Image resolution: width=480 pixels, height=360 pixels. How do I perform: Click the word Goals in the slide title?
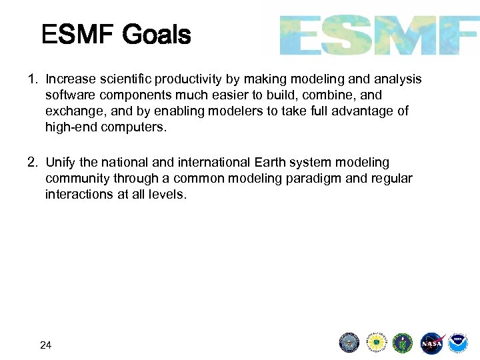(x=157, y=35)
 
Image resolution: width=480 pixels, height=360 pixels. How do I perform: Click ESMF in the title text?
(x=79, y=35)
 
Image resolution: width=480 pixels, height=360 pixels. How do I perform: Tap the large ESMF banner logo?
(x=379, y=35)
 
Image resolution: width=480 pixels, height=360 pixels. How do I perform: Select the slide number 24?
(x=46, y=345)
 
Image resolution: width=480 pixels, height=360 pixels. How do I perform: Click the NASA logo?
(x=431, y=343)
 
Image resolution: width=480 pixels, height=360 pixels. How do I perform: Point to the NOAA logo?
(x=458, y=343)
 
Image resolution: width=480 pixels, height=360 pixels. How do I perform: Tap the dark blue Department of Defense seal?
(x=349, y=343)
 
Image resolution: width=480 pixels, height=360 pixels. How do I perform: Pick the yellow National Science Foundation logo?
(x=376, y=343)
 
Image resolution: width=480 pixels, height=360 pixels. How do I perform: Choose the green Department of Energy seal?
(x=403, y=343)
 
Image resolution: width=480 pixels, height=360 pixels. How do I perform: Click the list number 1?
(x=32, y=79)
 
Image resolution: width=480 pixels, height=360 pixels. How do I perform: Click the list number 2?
(x=32, y=162)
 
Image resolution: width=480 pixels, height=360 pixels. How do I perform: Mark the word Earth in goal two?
(x=269, y=162)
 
